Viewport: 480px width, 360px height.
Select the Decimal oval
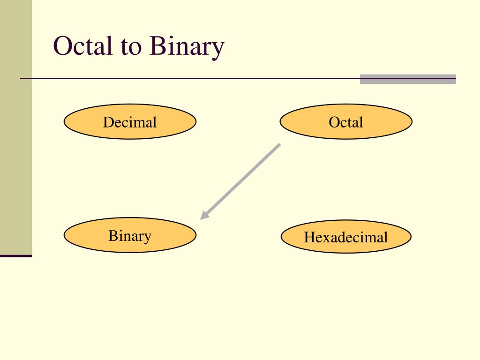[x=130, y=122]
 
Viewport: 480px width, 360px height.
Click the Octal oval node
[x=346, y=122]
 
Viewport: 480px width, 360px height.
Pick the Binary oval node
[x=130, y=235]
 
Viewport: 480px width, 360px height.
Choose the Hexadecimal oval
[x=346, y=237]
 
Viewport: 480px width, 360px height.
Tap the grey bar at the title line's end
[x=408, y=79]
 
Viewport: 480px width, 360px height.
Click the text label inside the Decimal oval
[x=130, y=123]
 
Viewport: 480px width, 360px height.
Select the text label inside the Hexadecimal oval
[x=346, y=237]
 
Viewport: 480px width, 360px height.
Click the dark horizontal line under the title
[x=187, y=78]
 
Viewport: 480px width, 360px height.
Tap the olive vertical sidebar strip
[x=16, y=127]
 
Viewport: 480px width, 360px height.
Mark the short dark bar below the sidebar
[x=16, y=256]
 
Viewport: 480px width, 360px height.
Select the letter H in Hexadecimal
[x=308, y=237]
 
